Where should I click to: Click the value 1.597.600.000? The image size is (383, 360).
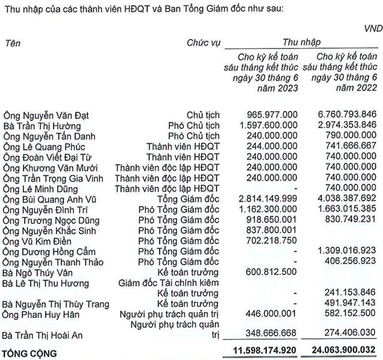click(269, 126)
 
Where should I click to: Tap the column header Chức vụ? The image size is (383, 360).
click(202, 43)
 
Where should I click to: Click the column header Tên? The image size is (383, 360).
click(12, 43)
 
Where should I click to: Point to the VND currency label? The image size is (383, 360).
click(370, 28)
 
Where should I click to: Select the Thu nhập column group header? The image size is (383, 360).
click(302, 43)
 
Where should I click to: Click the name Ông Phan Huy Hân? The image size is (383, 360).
click(37, 314)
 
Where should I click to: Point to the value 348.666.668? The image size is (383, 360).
click(273, 335)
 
